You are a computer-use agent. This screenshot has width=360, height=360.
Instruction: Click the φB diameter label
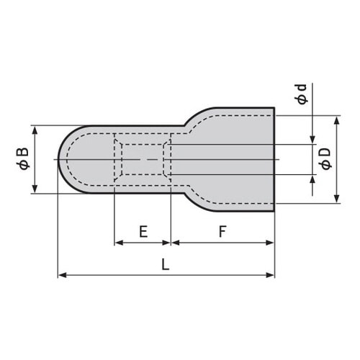(x=22, y=159)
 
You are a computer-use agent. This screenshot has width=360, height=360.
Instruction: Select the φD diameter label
(x=325, y=158)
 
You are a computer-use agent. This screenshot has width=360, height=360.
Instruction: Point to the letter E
(x=143, y=231)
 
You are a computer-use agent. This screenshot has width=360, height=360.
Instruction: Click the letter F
(x=222, y=231)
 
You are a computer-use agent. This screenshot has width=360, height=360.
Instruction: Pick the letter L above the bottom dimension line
(x=165, y=264)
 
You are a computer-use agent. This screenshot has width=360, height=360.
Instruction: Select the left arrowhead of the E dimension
(x=119, y=243)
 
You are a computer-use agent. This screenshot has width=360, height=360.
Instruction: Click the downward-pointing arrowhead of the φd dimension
(x=312, y=140)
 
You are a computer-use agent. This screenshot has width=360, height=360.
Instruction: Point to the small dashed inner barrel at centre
(x=144, y=159)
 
